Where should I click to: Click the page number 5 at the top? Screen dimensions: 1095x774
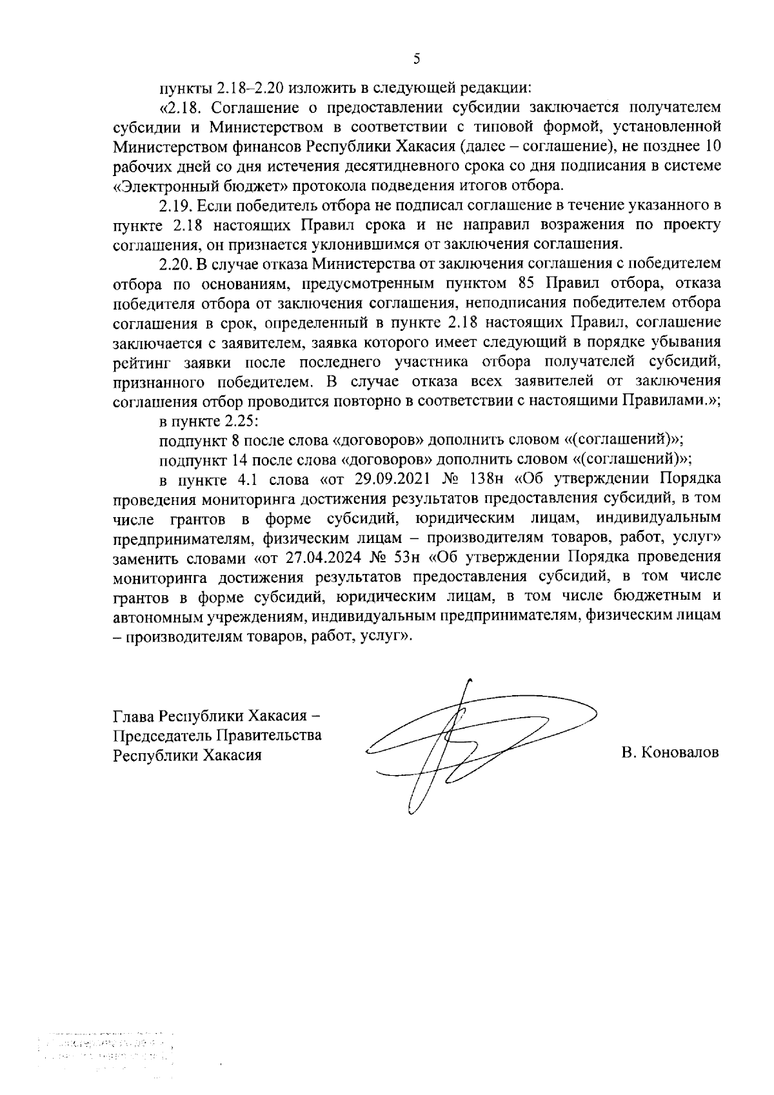(x=416, y=59)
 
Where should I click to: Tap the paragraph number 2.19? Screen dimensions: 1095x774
(x=175, y=206)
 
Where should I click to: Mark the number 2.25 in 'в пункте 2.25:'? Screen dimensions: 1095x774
(x=240, y=421)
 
